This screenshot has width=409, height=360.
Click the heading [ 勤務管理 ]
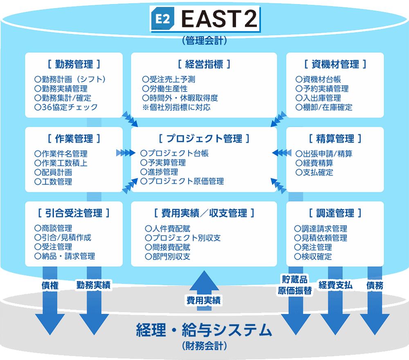[x=74, y=64]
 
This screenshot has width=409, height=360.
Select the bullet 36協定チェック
[x=66, y=108]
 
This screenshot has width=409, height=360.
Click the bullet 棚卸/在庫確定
[x=324, y=108]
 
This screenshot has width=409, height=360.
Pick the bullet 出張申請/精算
[x=324, y=154]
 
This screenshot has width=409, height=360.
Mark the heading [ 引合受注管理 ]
[x=74, y=213]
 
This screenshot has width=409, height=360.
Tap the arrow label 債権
[x=50, y=286]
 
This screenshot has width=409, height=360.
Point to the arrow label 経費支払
[x=335, y=286]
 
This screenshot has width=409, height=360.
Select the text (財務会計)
[x=204, y=346]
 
